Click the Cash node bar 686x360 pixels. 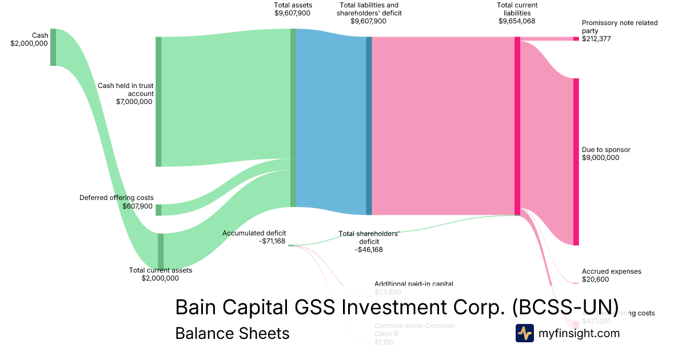(x=53, y=47)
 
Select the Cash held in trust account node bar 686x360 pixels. (x=158, y=102)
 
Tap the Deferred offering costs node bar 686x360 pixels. (x=158, y=210)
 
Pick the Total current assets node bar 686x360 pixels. (x=161, y=251)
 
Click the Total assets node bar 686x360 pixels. (x=293, y=117)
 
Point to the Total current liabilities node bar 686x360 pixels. (x=517, y=126)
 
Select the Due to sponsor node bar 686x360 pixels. (x=576, y=162)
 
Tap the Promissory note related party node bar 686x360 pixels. (x=576, y=39)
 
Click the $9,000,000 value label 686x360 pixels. (x=600, y=158)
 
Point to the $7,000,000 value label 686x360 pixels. (x=134, y=102)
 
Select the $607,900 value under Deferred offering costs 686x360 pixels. (x=138, y=206)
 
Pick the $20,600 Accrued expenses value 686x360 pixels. (x=595, y=279)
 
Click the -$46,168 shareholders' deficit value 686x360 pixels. (x=369, y=250)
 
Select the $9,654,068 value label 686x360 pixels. (x=517, y=21)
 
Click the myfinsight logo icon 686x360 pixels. (x=525, y=333)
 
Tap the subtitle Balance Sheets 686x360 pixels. (x=232, y=333)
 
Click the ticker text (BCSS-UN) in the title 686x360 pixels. (x=565, y=307)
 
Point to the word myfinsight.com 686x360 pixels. (x=579, y=333)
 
